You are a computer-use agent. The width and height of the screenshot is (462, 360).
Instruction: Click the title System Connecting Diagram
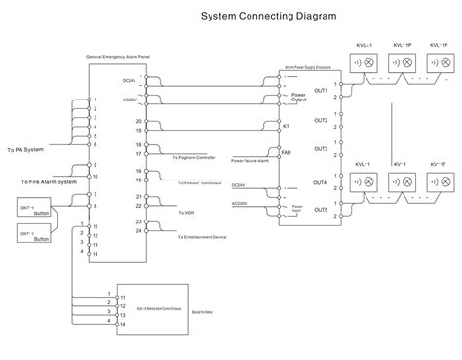255,17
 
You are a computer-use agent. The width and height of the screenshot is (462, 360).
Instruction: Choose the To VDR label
186,210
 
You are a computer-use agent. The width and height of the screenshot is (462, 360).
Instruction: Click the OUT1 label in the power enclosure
320,91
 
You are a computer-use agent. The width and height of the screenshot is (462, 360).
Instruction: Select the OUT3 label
320,148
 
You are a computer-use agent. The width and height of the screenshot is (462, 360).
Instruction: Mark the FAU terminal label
286,152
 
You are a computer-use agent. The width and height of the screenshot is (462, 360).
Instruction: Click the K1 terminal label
286,125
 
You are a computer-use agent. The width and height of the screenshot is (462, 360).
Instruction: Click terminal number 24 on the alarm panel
139,231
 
